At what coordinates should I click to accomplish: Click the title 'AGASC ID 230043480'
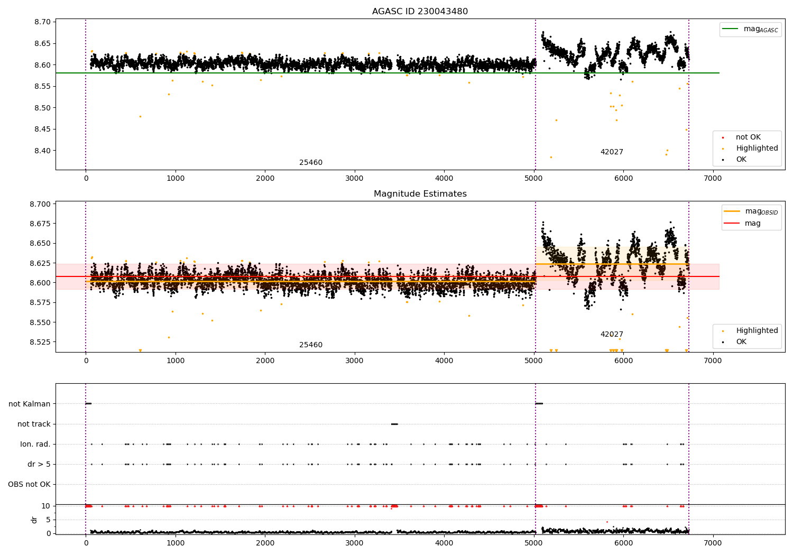[420, 12]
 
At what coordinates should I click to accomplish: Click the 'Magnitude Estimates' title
[420, 194]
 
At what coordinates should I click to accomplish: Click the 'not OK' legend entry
[748, 137]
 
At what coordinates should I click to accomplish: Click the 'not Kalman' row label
[30, 404]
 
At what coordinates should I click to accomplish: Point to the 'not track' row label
[34, 424]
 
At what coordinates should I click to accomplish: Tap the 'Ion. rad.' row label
[35, 444]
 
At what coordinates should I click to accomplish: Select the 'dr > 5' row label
[39, 464]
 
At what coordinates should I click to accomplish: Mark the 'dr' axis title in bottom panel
[34, 520]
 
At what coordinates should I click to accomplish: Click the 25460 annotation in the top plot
[311, 163]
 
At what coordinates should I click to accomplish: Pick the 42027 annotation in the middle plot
[612, 335]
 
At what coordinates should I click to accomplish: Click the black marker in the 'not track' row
[394, 424]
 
